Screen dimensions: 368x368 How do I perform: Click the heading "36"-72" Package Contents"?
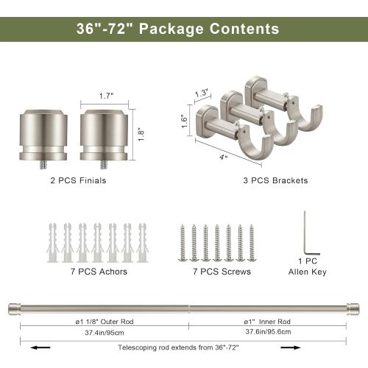(177, 29)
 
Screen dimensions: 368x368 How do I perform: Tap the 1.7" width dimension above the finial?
(107, 96)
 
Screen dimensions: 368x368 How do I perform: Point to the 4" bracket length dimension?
(222, 155)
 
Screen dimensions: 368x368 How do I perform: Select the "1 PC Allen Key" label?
(308, 266)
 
